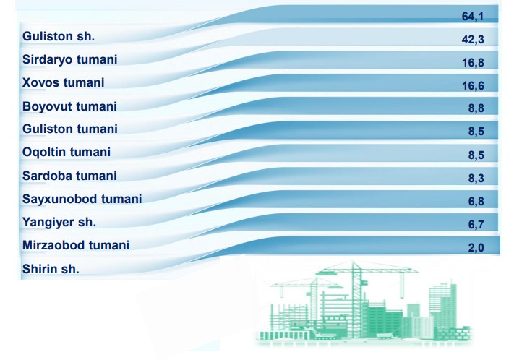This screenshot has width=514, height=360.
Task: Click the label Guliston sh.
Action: [x=59, y=36]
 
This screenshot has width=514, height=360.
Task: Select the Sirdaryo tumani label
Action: [x=69, y=60]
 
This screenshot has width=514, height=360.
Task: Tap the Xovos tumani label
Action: [x=64, y=82]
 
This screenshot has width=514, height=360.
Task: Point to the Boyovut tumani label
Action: [x=69, y=107]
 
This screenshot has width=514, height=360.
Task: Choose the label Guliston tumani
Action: [x=70, y=129]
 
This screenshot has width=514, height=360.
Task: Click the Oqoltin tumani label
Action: [x=67, y=153]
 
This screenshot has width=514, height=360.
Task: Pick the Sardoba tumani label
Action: [x=69, y=176]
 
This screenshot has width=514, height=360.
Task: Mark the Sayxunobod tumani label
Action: [x=82, y=200]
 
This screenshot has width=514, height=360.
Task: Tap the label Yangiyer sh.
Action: [x=59, y=223]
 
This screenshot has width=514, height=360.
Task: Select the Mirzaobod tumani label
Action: [x=76, y=245]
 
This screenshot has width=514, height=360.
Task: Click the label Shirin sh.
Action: [x=51, y=269]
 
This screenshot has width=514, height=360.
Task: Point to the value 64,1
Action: [x=473, y=17]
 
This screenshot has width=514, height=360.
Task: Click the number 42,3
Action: [x=473, y=40]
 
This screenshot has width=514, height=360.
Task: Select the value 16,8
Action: [x=473, y=63]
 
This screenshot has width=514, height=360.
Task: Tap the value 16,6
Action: [x=473, y=86]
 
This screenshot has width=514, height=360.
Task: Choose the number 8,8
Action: [x=476, y=108]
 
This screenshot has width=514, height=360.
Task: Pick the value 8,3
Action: [x=476, y=179]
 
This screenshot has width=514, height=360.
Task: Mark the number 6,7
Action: [x=476, y=225]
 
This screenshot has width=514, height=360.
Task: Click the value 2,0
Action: [x=476, y=248]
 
